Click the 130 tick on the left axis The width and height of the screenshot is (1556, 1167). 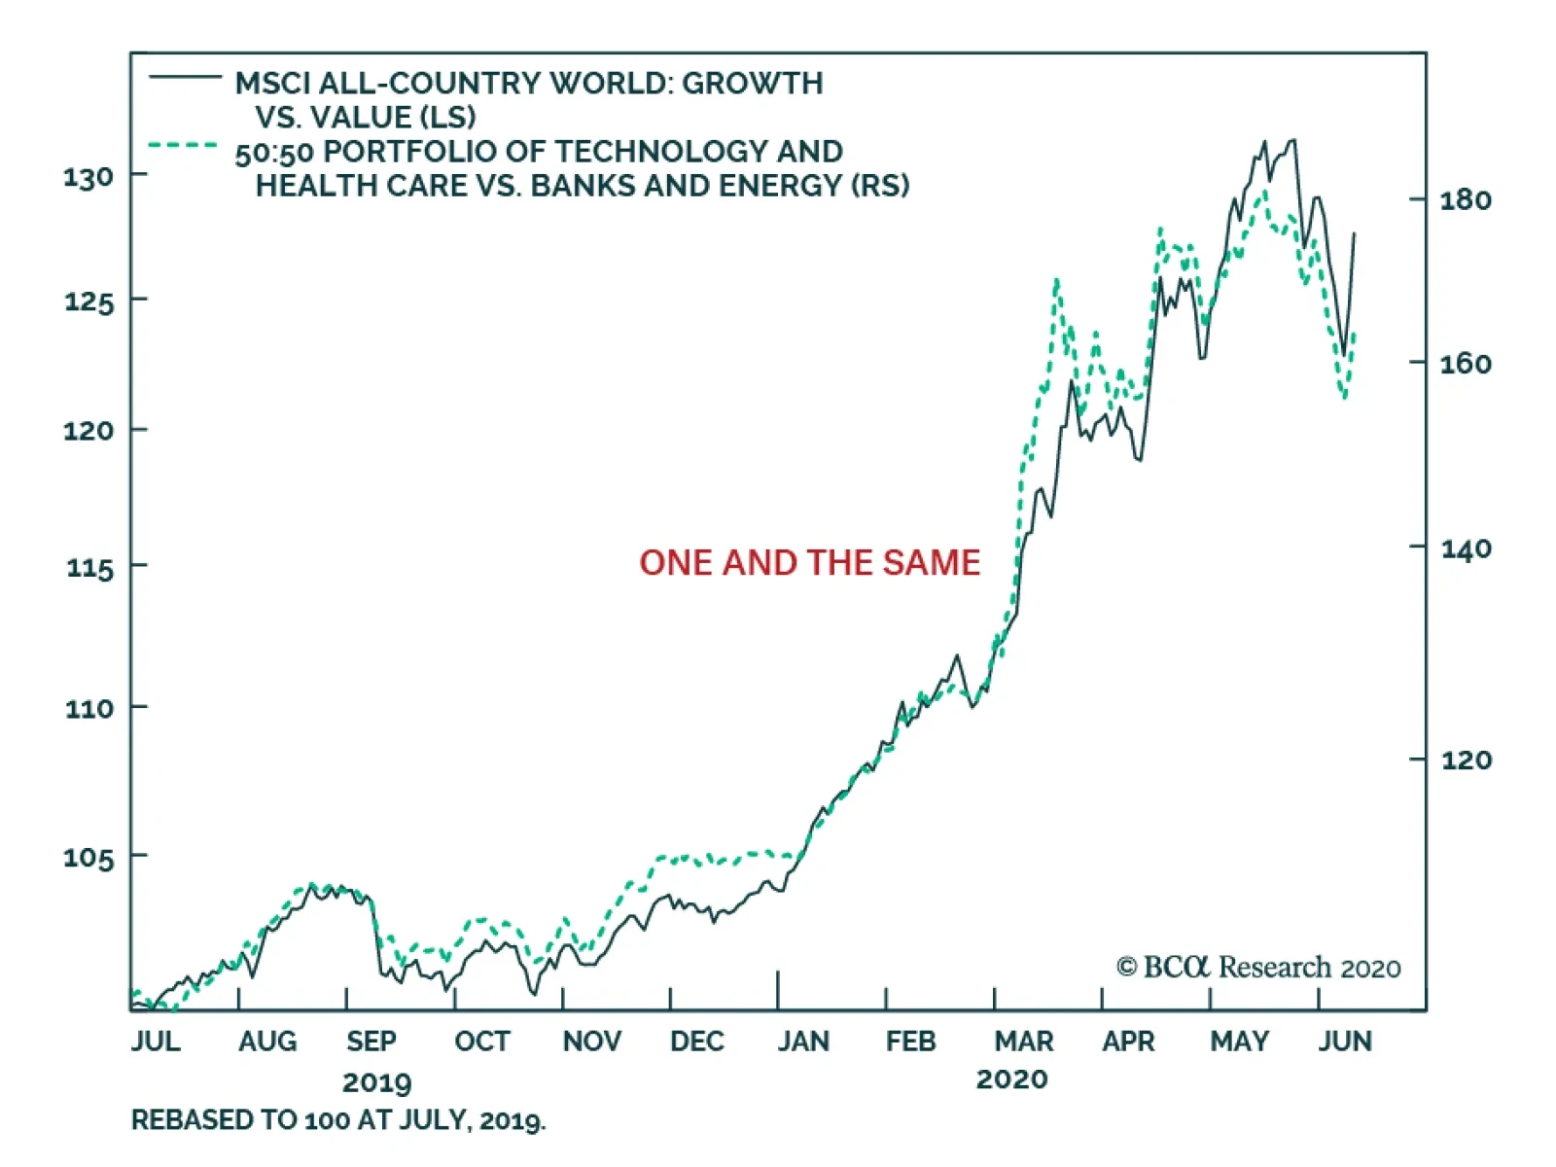tap(88, 177)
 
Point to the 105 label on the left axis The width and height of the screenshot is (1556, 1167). tap(88, 858)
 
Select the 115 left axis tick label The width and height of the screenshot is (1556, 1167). tap(89, 567)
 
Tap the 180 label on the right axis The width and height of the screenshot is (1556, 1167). tap(1466, 200)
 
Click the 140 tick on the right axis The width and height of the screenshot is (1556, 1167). tap(1466, 549)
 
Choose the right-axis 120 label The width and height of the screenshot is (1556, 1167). tap(1466, 760)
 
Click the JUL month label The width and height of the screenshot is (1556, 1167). tap(156, 1042)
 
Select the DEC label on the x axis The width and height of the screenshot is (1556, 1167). tap(696, 1042)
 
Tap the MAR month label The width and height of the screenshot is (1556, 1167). tap(1023, 1042)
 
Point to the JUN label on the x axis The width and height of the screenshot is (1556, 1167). tap(1345, 1042)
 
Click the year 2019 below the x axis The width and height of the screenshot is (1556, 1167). tap(377, 1082)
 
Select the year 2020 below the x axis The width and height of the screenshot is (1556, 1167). tap(1011, 1079)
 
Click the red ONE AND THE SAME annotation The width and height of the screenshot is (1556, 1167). tap(809, 563)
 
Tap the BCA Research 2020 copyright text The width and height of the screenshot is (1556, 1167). tap(1258, 968)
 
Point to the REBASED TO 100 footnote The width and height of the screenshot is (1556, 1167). tap(338, 1121)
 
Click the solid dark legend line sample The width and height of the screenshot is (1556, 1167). tap(185, 76)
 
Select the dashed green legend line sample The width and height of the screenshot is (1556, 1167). tap(183, 146)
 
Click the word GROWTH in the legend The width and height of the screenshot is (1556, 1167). tap(752, 84)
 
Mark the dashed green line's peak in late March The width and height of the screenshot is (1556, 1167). tap(1056, 281)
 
